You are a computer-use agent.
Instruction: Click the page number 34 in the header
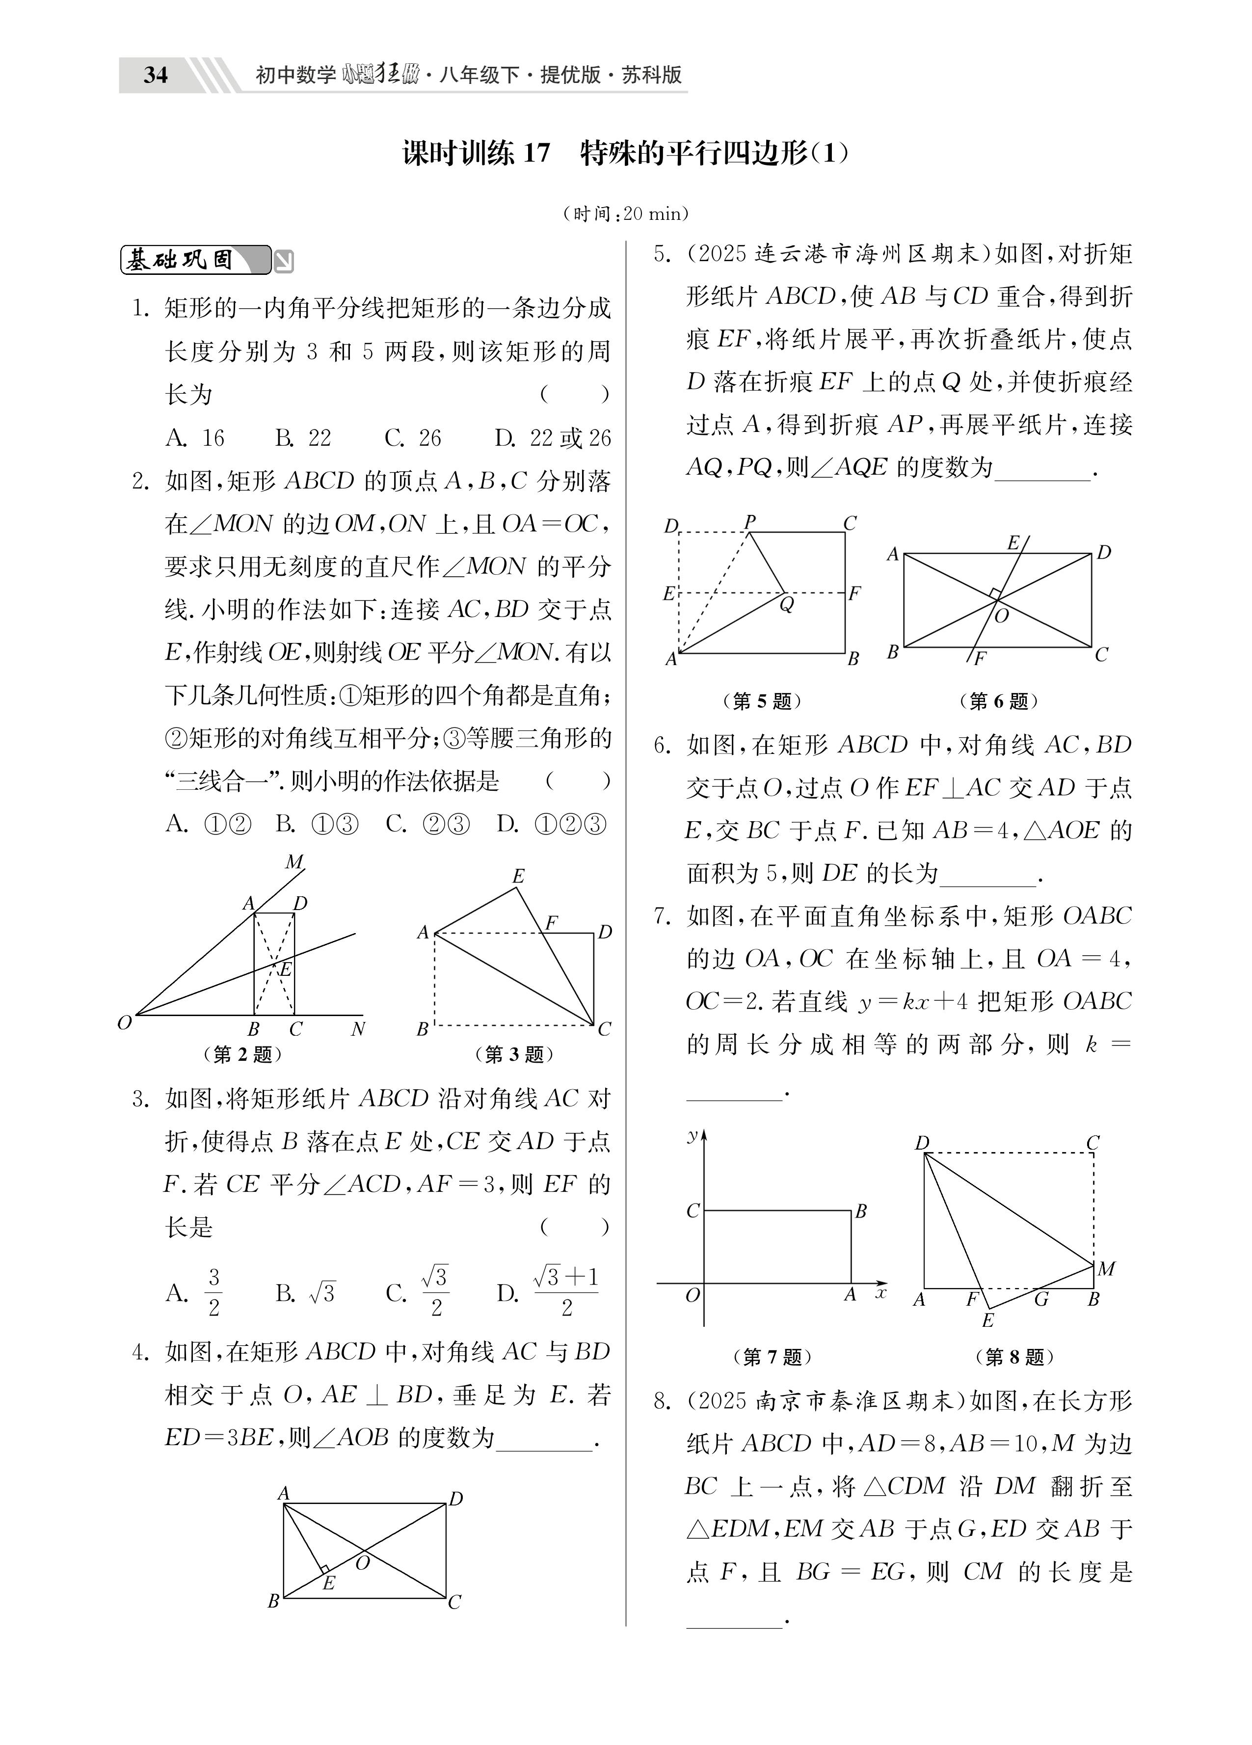point(156,75)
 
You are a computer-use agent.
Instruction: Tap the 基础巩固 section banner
point(195,260)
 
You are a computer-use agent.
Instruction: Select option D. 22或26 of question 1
point(553,438)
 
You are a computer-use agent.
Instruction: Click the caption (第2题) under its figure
point(242,1054)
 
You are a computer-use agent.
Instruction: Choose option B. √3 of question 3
point(305,1293)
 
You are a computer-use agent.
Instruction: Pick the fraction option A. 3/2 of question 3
point(195,1293)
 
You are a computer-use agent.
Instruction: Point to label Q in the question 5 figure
point(786,605)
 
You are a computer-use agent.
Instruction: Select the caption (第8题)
point(1014,1356)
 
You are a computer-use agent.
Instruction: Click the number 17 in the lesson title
point(536,154)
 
